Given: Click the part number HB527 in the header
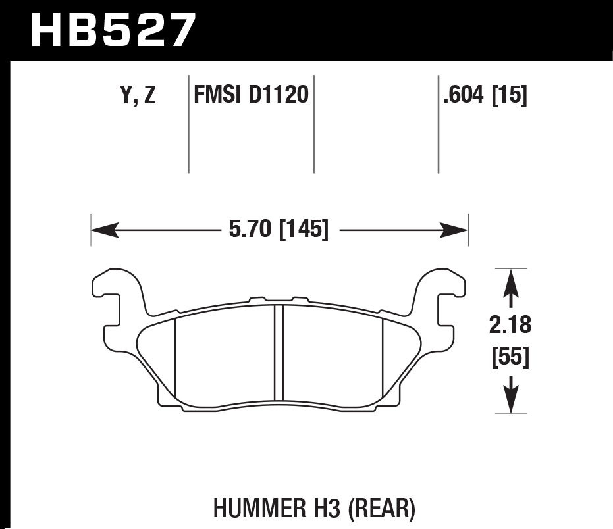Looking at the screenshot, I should pos(113,30).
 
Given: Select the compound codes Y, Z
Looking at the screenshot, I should pos(138,97).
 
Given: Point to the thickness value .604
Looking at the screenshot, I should pos(464,97).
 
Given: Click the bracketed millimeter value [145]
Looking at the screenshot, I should pos(304,230).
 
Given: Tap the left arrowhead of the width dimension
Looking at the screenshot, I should pos(103,230).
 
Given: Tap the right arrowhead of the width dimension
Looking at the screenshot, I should pos(456,230).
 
